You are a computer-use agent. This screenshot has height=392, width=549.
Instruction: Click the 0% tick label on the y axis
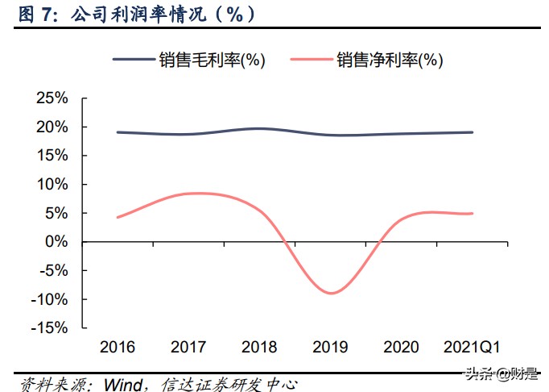56,242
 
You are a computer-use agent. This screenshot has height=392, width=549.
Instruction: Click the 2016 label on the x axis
118,348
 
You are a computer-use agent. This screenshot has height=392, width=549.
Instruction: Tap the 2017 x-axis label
188,348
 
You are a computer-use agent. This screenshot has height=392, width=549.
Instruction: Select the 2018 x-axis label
259,348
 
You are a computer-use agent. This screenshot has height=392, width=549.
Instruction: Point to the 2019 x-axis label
330,348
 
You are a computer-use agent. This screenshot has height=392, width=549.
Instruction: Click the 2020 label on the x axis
401,348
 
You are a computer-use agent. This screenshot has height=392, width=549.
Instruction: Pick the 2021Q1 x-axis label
472,348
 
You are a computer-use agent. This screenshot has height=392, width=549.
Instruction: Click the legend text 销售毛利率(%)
213,60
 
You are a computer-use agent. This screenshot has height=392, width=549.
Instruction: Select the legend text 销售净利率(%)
390,60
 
